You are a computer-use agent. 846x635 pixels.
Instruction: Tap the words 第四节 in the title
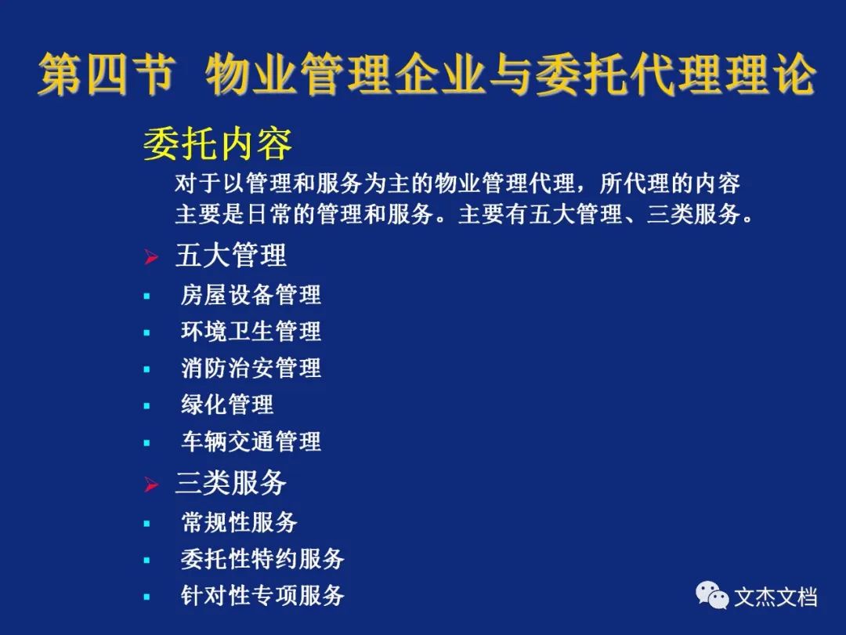click(x=107, y=74)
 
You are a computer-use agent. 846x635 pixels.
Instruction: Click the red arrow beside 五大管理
click(x=151, y=256)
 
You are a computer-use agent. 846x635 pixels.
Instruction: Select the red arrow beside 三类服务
click(x=151, y=484)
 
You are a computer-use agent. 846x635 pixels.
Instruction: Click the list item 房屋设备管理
click(x=251, y=295)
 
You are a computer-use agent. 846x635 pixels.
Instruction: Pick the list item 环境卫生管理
click(x=251, y=332)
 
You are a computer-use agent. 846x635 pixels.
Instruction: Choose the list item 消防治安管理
click(x=251, y=368)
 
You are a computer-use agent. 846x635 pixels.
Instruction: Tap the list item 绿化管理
click(x=227, y=405)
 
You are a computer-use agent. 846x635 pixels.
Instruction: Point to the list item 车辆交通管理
click(x=251, y=441)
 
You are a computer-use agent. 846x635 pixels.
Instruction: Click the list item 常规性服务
click(x=239, y=522)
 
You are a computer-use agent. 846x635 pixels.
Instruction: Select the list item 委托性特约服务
click(x=262, y=559)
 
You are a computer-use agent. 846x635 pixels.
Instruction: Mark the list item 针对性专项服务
click(x=262, y=596)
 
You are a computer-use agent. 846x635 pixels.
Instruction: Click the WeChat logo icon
click(x=711, y=595)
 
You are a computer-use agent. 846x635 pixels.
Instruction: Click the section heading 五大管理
click(x=231, y=256)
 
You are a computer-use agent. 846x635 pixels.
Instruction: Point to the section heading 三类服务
click(x=231, y=483)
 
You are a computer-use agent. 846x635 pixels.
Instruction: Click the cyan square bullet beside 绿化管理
click(x=146, y=406)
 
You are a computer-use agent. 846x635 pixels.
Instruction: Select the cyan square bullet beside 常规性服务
click(x=146, y=523)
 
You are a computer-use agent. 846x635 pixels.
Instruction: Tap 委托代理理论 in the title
click(x=676, y=74)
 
